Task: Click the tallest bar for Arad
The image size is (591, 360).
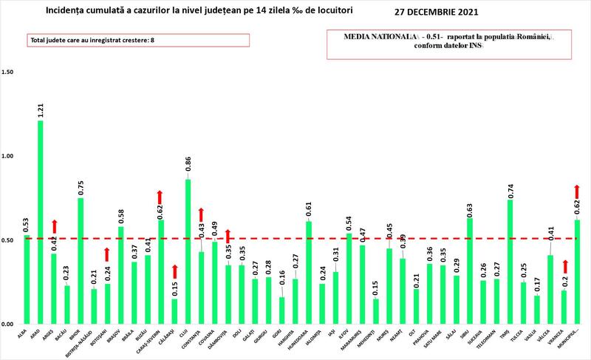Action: [x=40, y=222]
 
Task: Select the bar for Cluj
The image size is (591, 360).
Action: [x=188, y=251]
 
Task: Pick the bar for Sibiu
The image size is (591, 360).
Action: [x=470, y=271]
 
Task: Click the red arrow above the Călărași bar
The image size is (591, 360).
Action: [x=174, y=272]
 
